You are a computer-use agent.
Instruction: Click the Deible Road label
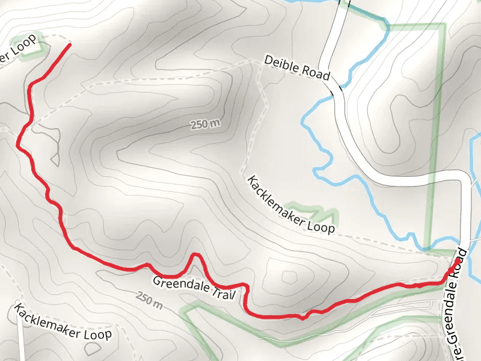[x=297, y=67]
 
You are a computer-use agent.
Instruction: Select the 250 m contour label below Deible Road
[x=205, y=125]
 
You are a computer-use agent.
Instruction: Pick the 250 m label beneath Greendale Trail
[x=149, y=299]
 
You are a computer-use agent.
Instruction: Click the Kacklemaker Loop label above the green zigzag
[x=290, y=205]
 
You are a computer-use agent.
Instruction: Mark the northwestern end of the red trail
[x=70, y=45]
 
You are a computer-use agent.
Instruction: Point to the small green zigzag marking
[x=313, y=212]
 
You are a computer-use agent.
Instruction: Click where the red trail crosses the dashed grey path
[x=28, y=123]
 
